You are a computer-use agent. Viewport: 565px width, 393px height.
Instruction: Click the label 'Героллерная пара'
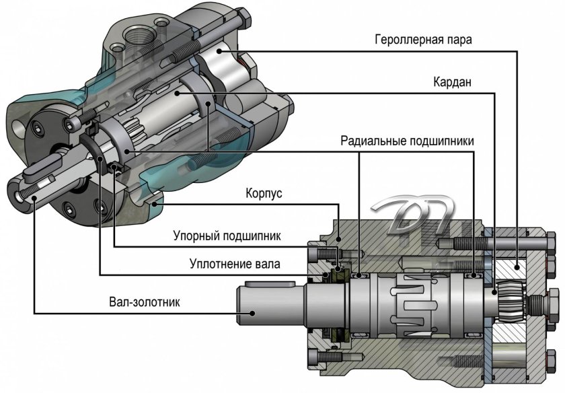click(x=423, y=38)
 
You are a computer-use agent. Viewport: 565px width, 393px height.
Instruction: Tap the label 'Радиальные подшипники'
click(x=408, y=141)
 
